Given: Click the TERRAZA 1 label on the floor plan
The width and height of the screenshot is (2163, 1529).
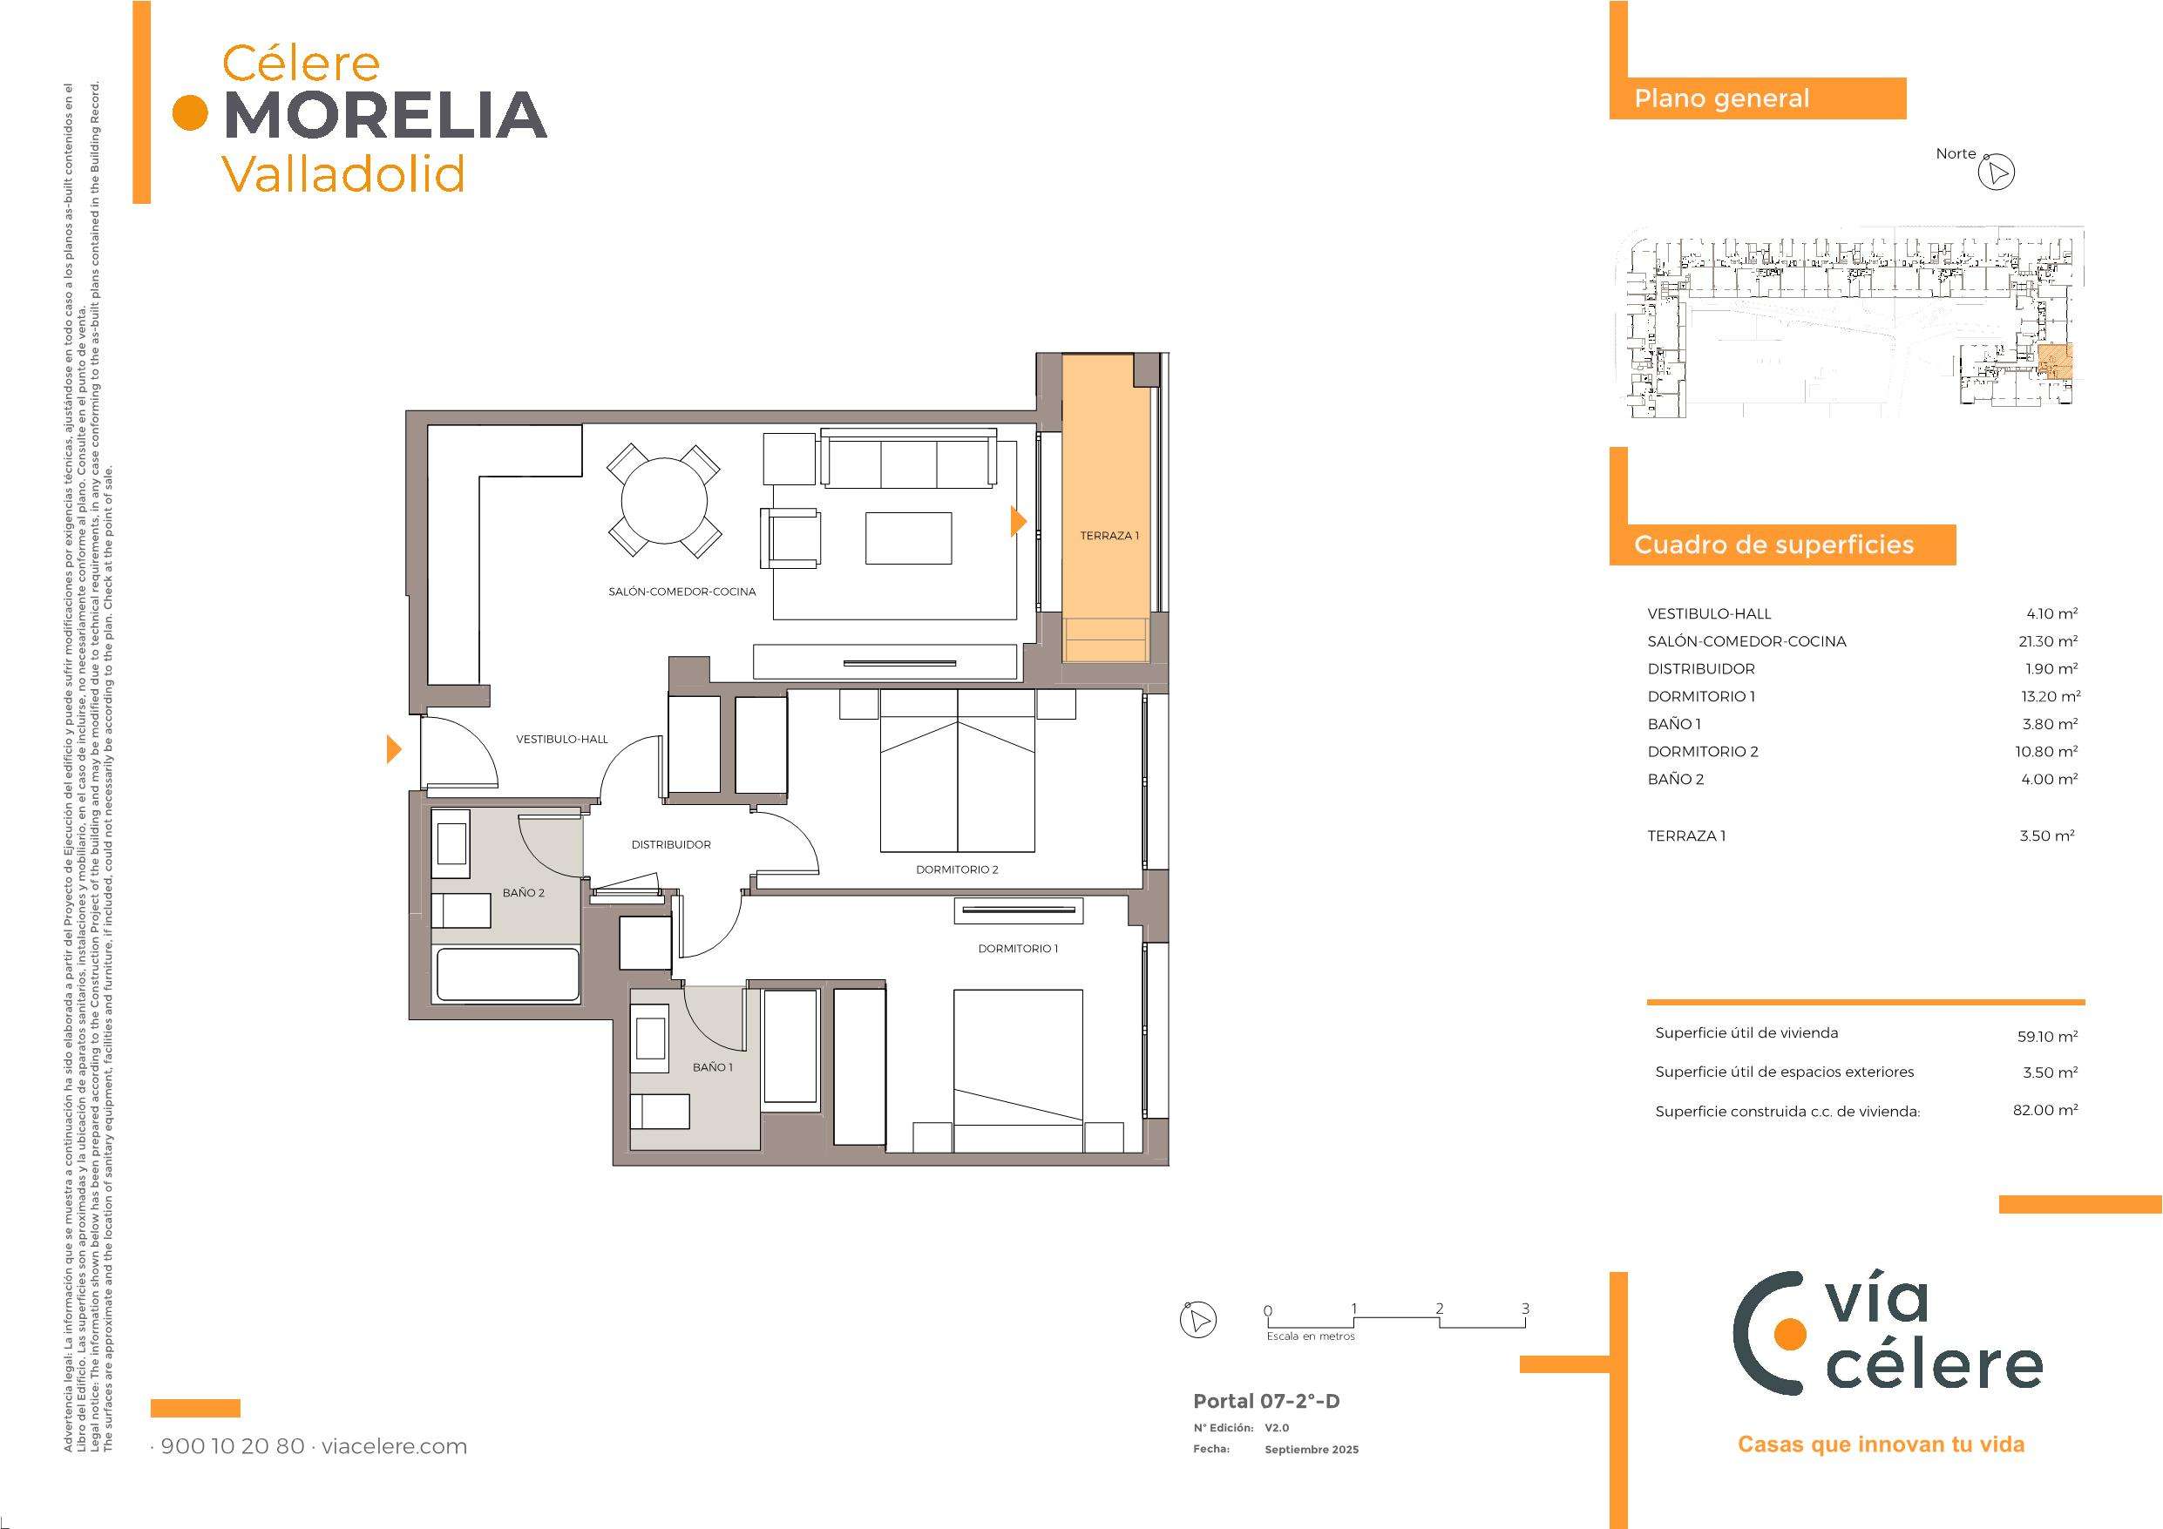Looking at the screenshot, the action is tap(1109, 536).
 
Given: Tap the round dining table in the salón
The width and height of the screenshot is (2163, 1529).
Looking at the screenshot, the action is tap(665, 501).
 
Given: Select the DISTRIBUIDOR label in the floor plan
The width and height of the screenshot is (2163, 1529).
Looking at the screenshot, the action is tap(671, 845).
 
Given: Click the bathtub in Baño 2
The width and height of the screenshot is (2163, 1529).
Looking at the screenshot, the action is tap(507, 974).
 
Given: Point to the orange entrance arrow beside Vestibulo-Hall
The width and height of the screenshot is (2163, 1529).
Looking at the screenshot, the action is tap(395, 750).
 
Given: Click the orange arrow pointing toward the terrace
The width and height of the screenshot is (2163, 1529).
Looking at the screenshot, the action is tap(1019, 521).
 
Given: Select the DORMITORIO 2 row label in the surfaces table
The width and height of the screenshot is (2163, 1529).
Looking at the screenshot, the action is tap(1702, 752).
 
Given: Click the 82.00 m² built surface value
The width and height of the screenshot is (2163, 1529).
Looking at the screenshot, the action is tap(2045, 1110).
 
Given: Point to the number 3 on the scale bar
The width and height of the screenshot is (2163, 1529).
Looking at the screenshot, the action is tap(1525, 1309).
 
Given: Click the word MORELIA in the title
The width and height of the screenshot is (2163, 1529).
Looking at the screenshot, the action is tap(386, 114).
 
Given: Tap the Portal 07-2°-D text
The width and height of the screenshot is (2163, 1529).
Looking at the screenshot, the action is tap(1266, 1401).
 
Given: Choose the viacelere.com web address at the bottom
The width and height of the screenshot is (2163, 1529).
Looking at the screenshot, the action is tap(395, 1446).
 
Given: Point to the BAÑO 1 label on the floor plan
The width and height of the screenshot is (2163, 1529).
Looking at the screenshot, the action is tap(712, 1067).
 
